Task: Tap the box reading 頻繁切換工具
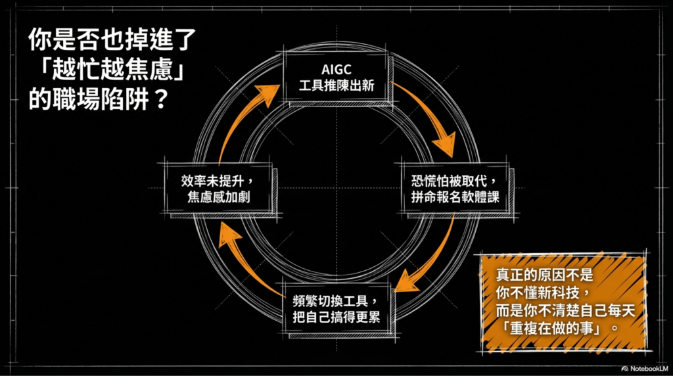point(336,308)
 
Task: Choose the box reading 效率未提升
point(216,188)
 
